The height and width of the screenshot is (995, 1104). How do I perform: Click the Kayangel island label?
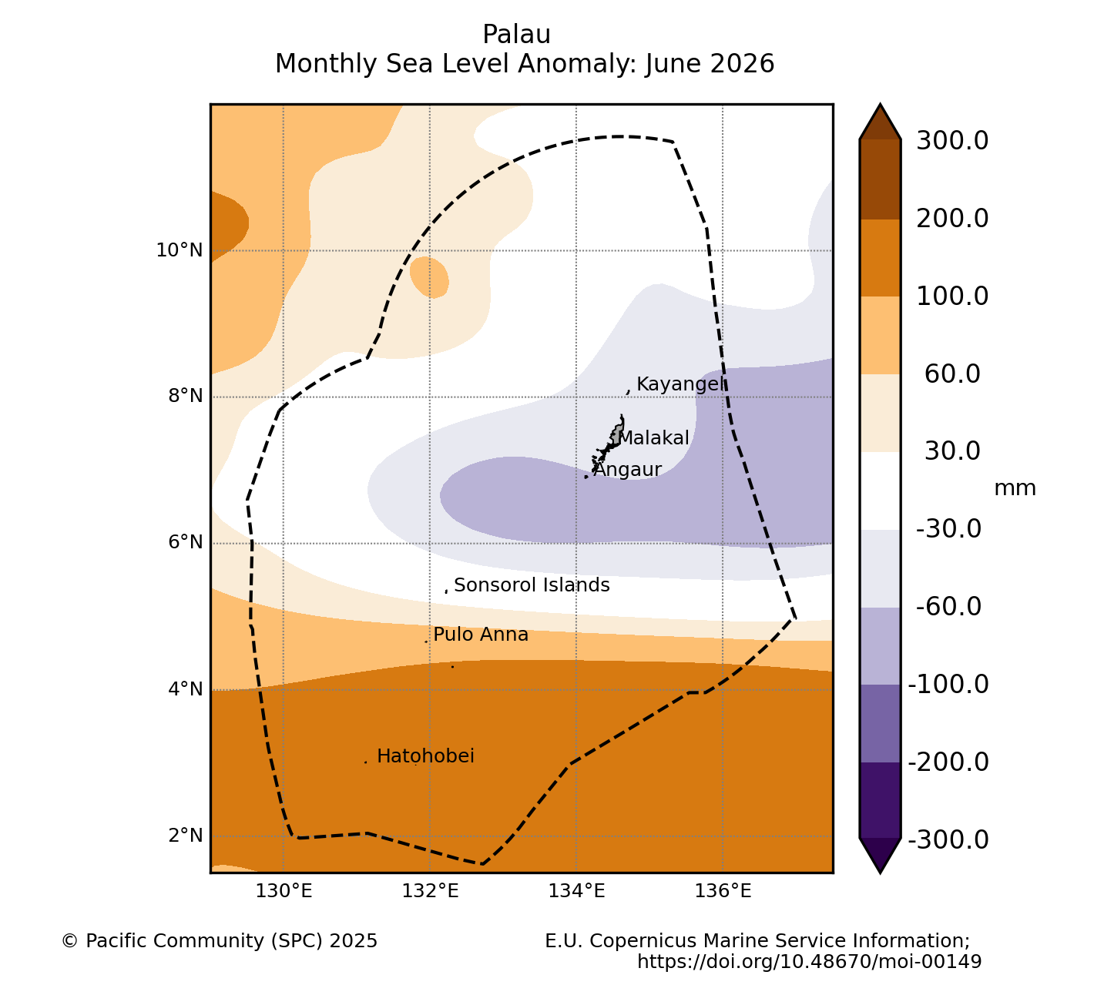680,385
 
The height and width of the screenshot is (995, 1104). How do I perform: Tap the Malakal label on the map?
653,438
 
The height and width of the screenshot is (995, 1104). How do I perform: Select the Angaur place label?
627,470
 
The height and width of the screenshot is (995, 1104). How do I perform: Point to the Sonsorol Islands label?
532,585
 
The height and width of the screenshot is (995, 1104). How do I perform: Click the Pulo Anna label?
481,635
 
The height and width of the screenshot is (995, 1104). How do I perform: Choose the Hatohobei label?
425,756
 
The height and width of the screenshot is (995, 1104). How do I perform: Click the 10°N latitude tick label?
180,250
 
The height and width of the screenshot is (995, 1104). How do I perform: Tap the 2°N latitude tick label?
186,836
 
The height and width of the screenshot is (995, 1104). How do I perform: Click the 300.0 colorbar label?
952,141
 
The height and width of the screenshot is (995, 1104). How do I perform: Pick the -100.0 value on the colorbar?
948,685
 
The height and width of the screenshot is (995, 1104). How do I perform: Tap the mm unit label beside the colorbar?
1015,489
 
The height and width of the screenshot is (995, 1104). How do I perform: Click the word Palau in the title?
516,35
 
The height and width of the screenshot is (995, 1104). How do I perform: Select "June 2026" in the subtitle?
710,64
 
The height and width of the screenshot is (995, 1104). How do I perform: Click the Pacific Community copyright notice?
219,941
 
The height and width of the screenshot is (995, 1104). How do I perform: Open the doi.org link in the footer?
809,961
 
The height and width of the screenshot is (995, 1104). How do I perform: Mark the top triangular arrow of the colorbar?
880,122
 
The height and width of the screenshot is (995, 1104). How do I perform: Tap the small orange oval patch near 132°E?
429,278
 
